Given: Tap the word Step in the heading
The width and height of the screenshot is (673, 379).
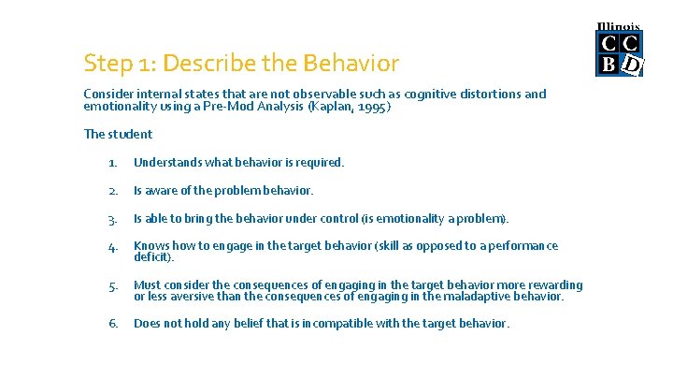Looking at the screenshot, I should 106,64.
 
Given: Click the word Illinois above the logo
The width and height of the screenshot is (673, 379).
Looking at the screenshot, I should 619,27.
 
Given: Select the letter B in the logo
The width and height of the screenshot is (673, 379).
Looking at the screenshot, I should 609,65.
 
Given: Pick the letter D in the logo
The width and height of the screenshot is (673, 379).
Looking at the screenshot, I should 632,65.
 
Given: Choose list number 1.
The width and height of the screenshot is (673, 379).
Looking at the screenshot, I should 112,163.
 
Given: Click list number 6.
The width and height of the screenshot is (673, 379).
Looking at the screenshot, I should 112,324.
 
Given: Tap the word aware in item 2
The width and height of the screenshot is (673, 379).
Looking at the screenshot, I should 165,191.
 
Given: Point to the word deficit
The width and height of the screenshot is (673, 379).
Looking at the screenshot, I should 151,256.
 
